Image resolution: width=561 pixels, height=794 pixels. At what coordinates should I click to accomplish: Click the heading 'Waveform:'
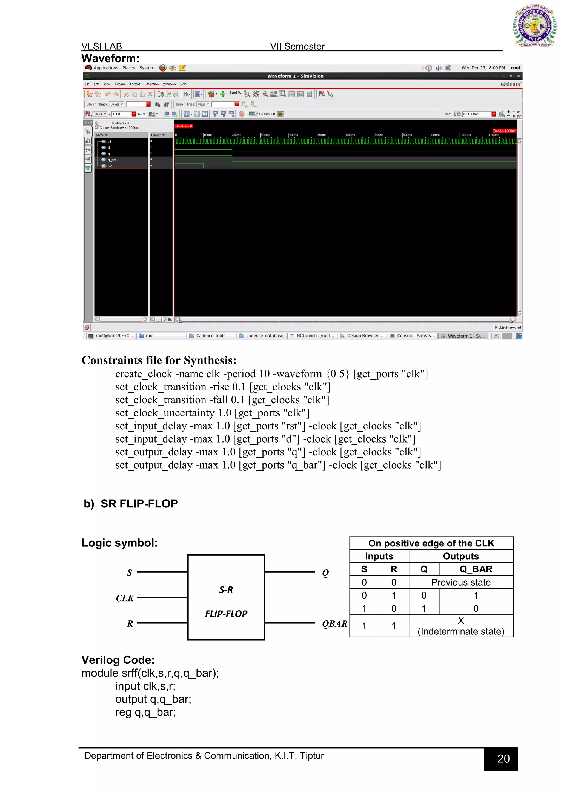[110, 58]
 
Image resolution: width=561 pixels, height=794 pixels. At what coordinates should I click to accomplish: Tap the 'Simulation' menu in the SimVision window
[151, 84]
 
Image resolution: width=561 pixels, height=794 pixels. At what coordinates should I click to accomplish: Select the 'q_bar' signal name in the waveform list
[112, 160]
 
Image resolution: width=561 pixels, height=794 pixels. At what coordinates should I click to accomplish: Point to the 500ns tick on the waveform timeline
[321, 135]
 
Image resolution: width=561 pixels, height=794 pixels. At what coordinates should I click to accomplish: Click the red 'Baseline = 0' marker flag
[184, 126]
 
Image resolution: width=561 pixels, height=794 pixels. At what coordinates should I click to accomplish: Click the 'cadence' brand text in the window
[511, 84]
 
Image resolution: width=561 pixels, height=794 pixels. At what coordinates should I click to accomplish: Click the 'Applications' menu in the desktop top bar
[105, 68]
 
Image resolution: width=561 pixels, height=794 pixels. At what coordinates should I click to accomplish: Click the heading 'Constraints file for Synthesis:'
[159, 360]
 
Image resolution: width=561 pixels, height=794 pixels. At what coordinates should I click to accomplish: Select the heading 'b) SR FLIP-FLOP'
[131, 503]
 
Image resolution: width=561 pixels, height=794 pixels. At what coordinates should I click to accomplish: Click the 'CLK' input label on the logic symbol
[125, 598]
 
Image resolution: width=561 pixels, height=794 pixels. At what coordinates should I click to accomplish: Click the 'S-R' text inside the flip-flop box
[226, 590]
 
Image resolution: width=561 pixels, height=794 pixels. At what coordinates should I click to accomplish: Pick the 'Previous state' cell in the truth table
[460, 582]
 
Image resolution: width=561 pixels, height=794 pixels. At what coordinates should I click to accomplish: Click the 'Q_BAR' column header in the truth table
[476, 569]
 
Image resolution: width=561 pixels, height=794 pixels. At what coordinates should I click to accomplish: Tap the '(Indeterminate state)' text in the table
[461, 631]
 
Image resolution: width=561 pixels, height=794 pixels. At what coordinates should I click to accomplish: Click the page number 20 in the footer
[503, 759]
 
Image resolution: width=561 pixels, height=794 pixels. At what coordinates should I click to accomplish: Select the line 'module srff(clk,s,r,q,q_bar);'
[150, 673]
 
